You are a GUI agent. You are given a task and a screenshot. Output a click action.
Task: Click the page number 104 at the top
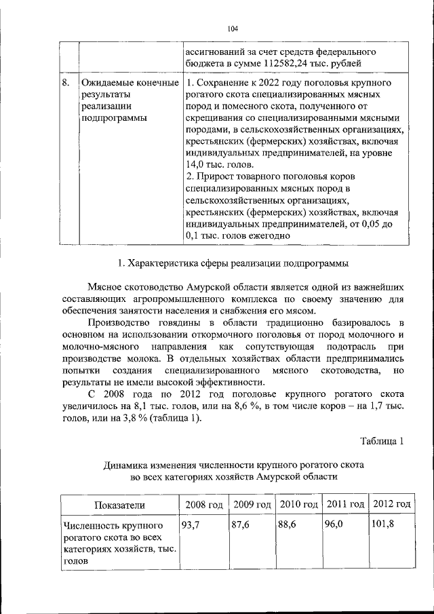(x=233, y=28)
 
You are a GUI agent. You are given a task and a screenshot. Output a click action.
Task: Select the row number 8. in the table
(x=66, y=83)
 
